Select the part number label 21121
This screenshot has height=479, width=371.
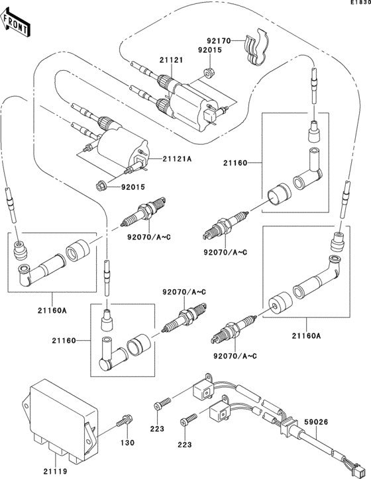tap(170, 61)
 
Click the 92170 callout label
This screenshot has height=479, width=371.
tap(219, 41)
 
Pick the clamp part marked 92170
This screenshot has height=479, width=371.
tap(257, 50)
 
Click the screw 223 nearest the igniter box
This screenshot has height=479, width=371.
tap(162, 404)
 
